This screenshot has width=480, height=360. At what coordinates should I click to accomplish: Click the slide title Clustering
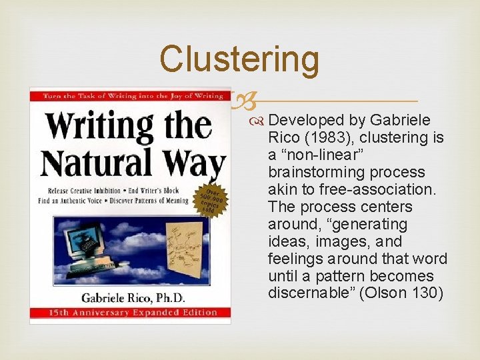point(239,59)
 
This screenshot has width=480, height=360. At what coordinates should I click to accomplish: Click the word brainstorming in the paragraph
point(317,172)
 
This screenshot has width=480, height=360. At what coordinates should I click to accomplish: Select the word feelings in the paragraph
point(295,259)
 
